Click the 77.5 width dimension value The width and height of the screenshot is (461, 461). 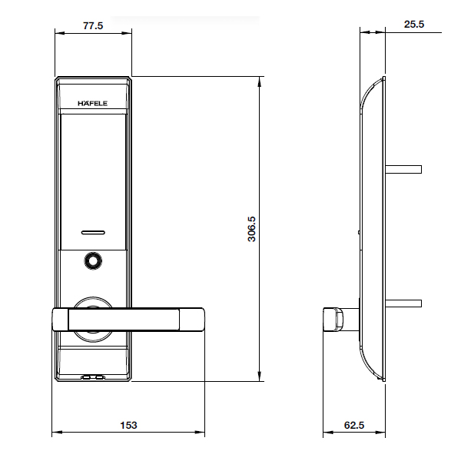[x=92, y=25]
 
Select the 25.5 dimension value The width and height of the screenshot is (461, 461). [x=414, y=25]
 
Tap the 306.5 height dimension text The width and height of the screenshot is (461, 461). [x=251, y=229]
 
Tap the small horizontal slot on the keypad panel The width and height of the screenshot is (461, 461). [x=92, y=230]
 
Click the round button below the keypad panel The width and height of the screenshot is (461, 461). [x=92, y=262]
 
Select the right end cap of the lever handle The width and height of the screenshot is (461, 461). [x=192, y=318]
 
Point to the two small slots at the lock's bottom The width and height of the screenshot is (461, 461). [x=93, y=378]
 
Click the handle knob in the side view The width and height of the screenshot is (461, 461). [x=334, y=318]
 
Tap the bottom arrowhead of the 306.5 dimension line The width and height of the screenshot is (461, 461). [x=260, y=378]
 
